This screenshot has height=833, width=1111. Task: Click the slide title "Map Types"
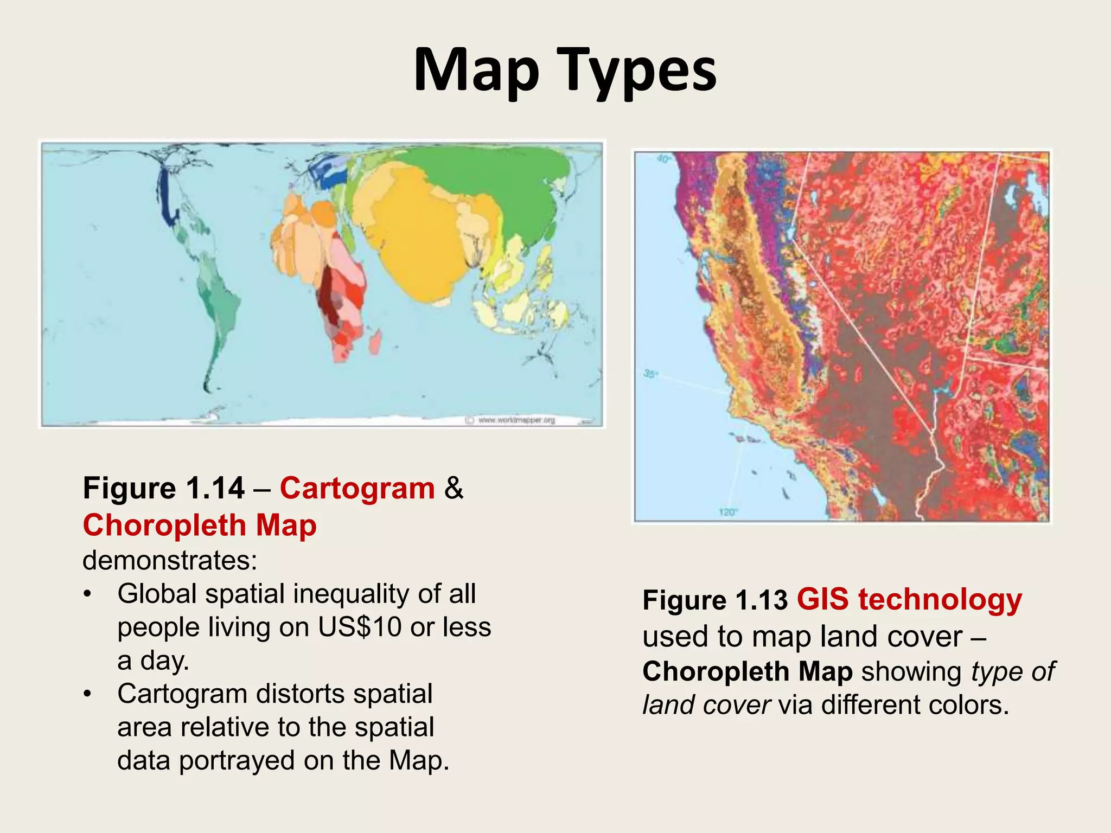coord(565,71)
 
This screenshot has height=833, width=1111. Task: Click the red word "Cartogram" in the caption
coord(357,488)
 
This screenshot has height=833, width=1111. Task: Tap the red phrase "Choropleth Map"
coord(200,525)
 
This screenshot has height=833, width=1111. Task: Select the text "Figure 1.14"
coord(163,488)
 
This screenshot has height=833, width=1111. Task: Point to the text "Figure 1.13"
coord(714,600)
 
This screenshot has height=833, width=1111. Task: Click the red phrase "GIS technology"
coord(909,599)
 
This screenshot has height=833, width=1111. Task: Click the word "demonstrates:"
coord(170,560)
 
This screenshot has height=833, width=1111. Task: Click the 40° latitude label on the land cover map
coord(663,159)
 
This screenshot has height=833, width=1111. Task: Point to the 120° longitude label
coord(727,512)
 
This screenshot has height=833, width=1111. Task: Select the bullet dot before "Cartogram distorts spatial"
coord(87,695)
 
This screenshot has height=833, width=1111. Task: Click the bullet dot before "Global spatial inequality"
coord(87,595)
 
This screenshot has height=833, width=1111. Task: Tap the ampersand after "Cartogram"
coord(454,488)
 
